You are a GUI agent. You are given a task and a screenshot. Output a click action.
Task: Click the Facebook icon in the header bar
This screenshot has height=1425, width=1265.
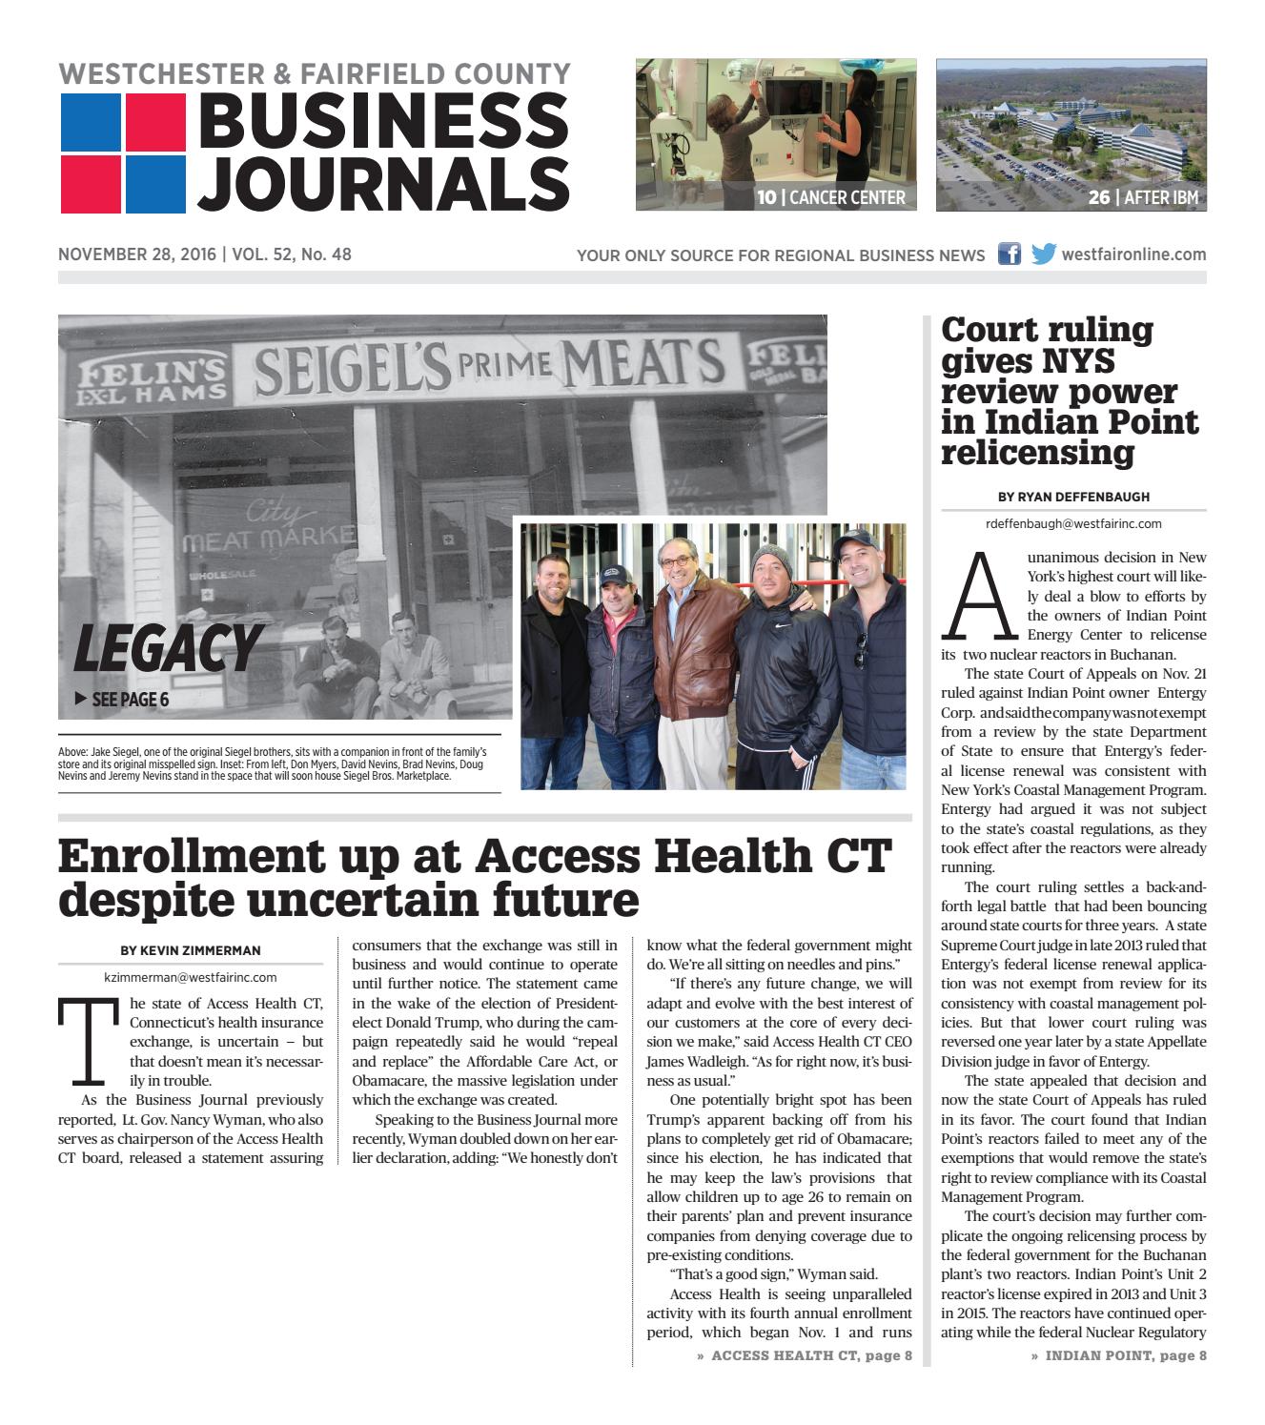tap(1009, 254)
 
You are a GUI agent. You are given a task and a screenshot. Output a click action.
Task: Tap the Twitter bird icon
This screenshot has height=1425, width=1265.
tap(1044, 254)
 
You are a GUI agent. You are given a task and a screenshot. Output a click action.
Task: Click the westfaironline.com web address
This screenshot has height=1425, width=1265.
tap(1133, 254)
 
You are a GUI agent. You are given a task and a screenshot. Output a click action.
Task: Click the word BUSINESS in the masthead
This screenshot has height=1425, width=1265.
tap(382, 120)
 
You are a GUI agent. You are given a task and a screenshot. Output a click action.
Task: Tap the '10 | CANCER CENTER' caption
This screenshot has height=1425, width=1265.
tap(830, 198)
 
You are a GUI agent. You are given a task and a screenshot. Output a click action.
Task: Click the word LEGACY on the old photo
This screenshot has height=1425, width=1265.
tap(167, 648)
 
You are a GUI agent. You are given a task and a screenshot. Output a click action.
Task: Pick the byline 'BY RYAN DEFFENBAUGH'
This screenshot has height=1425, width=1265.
tap(1073, 497)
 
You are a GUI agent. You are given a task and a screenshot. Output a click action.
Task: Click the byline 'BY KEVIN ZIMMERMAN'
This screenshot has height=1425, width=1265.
tap(191, 950)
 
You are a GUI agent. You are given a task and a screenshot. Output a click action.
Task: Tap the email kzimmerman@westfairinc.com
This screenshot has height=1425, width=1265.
tap(191, 977)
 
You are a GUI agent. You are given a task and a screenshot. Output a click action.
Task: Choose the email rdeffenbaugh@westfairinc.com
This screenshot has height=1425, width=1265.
tap(1073, 523)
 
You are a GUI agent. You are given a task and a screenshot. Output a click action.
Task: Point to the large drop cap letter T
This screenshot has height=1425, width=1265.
tap(89, 1041)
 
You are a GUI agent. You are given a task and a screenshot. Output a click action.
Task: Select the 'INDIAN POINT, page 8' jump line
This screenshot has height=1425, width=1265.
tap(1118, 1355)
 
